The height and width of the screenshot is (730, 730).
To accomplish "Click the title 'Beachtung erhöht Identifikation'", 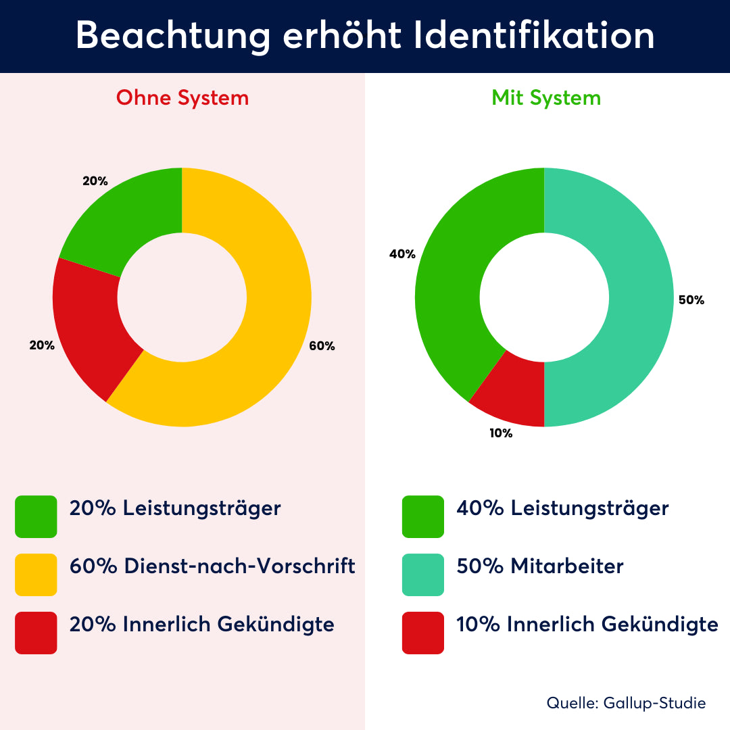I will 365,36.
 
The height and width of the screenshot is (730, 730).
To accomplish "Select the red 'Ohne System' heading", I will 182,98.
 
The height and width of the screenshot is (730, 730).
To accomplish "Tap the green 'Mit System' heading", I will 546,98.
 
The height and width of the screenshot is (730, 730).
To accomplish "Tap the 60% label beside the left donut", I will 322,346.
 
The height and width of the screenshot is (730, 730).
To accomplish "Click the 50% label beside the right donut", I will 691,300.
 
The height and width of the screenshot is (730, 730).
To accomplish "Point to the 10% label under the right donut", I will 501,434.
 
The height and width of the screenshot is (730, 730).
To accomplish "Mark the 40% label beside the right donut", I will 402,254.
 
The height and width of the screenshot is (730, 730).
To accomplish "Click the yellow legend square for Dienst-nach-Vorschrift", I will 36,575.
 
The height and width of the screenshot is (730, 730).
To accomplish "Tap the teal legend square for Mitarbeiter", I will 423,575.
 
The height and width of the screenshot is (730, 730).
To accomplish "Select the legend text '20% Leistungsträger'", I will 175,508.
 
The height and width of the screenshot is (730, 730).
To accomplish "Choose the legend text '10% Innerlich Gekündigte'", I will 587,625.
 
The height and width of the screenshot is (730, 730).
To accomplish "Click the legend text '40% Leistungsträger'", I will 563,508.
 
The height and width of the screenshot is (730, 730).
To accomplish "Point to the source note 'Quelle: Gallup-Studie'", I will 626,703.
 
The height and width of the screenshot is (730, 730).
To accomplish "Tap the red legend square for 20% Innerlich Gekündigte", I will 36,633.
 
